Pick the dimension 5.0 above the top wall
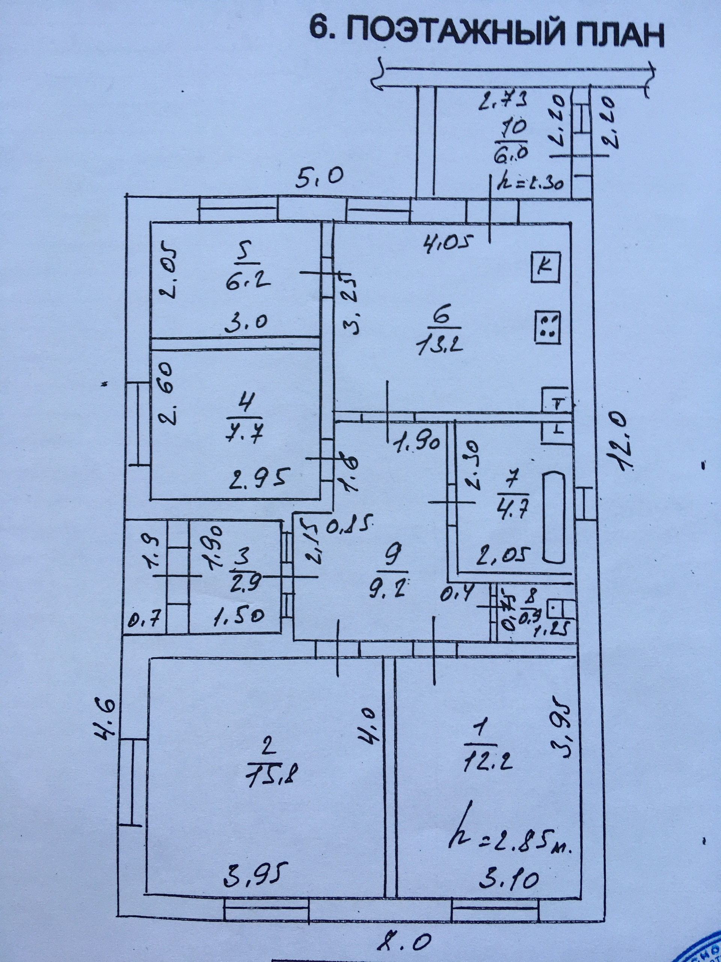click(320, 177)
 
